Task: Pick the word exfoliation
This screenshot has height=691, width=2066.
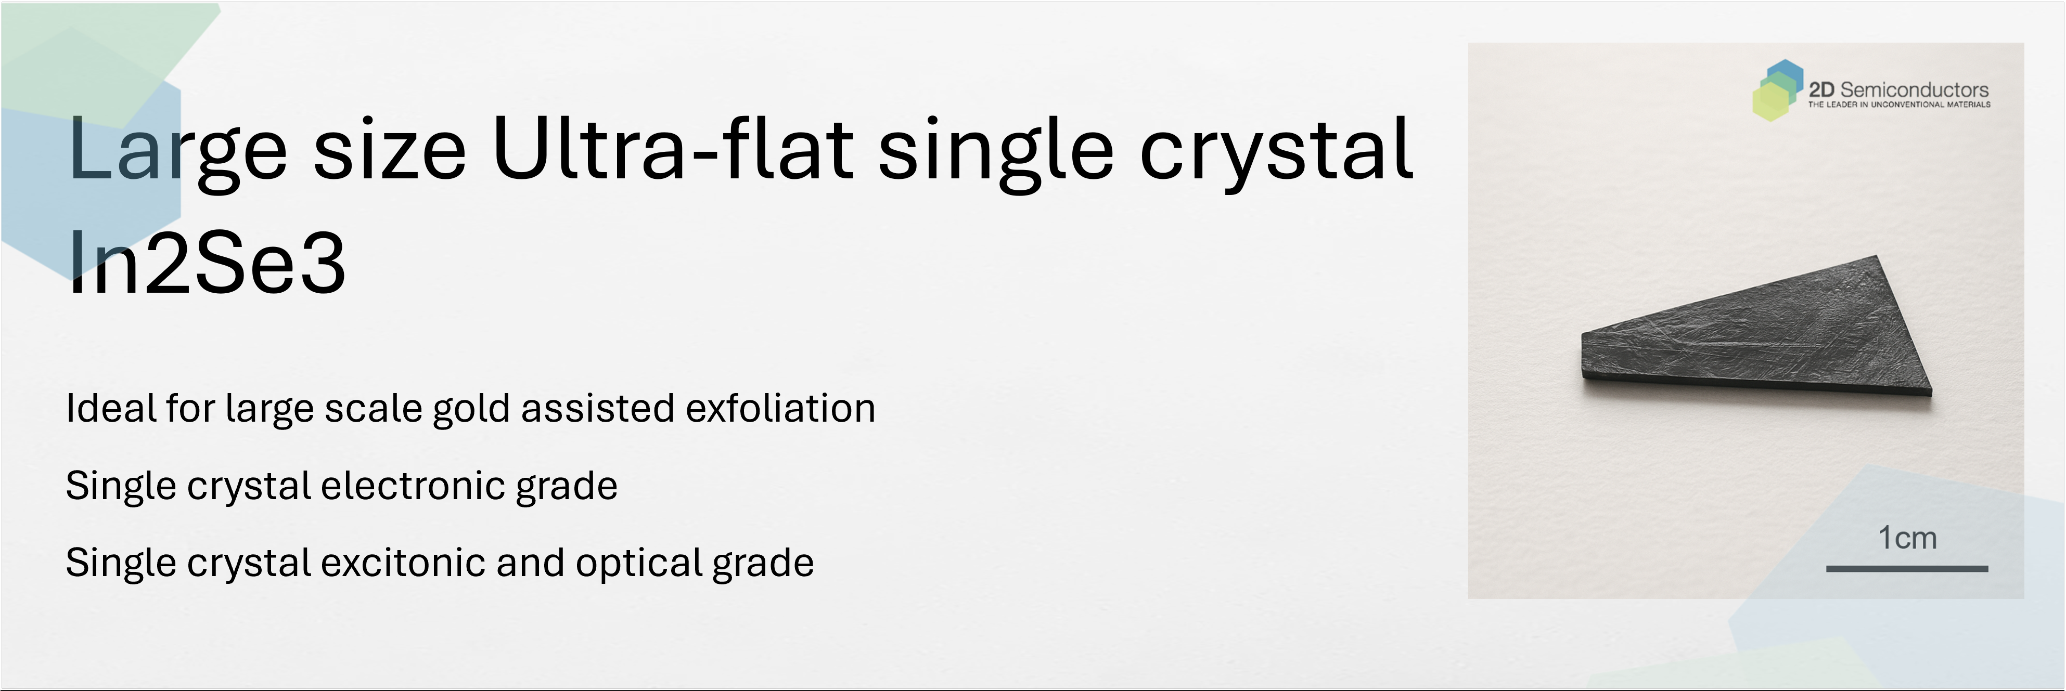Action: pyautogui.click(x=780, y=408)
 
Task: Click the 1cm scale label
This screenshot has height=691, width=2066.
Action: pyautogui.click(x=1907, y=538)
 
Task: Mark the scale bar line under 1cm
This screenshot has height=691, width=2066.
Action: pyautogui.click(x=1907, y=568)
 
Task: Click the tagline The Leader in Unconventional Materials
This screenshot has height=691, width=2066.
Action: pyautogui.click(x=1899, y=104)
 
